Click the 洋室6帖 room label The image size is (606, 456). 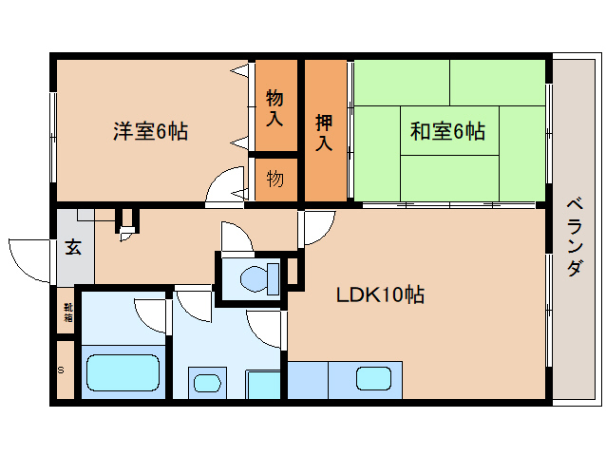tap(150, 131)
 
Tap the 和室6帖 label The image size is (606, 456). tap(447, 131)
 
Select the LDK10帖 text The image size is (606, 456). tap(379, 294)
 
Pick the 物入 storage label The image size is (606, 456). tap(275, 106)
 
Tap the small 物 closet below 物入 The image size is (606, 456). tap(275, 179)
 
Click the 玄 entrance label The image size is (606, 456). tap(72, 248)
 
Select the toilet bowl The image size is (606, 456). tap(257, 279)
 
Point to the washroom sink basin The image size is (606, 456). tap(206, 383)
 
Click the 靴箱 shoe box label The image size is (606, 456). tap(67, 313)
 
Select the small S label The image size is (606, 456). tap(62, 370)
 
